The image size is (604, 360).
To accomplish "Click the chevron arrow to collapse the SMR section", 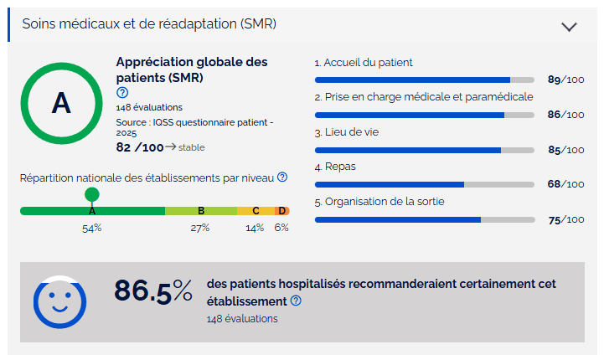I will [570, 26].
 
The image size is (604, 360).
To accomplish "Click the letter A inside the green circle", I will [61, 102].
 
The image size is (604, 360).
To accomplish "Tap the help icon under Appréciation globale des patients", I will [122, 93].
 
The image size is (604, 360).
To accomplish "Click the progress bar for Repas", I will [424, 184].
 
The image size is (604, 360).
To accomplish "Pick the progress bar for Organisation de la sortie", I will [424, 219].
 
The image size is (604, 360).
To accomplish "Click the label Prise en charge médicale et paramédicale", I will [424, 97].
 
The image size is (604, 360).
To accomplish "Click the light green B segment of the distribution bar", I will [201, 211].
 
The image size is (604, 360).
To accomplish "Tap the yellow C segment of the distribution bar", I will [256, 211].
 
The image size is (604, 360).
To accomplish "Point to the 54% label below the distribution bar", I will [91, 228].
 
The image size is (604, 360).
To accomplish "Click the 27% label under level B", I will [200, 228].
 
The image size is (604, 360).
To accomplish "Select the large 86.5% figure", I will [153, 291].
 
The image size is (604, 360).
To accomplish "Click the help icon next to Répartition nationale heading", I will [282, 177].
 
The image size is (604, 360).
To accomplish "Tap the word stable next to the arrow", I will [192, 147].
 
